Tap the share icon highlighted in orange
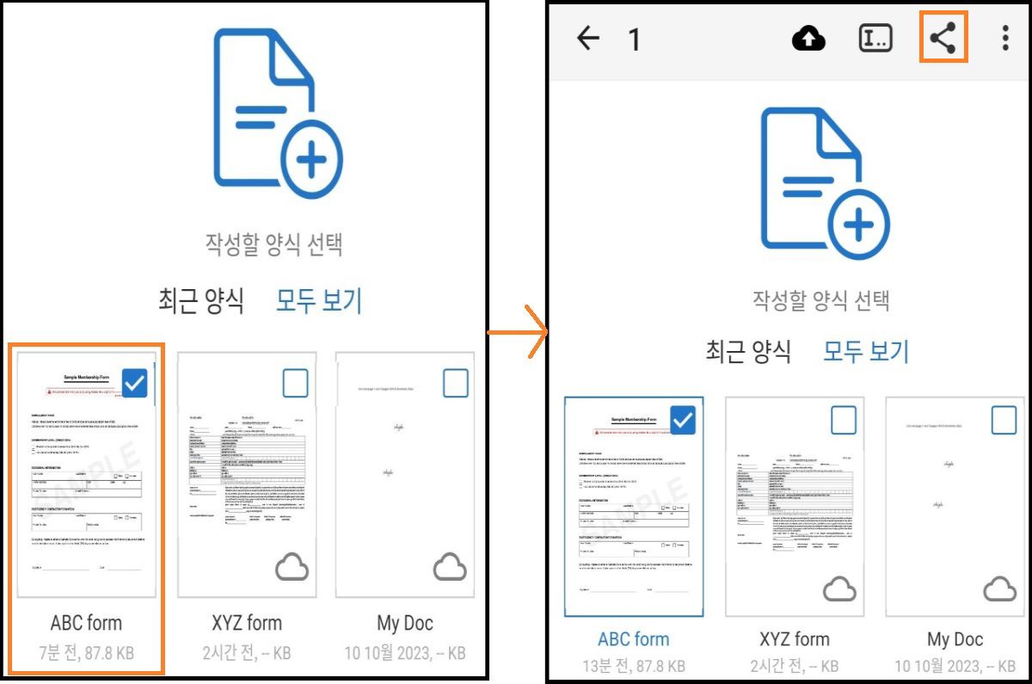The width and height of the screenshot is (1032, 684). [x=943, y=38]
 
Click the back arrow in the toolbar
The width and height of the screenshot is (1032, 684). [x=588, y=38]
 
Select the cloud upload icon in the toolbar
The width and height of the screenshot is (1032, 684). [x=808, y=38]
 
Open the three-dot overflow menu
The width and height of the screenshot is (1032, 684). [x=1004, y=38]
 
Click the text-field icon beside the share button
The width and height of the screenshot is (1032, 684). [x=875, y=38]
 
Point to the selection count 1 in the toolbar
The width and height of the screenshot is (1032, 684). [x=634, y=40]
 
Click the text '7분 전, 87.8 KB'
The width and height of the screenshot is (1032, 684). [x=86, y=653]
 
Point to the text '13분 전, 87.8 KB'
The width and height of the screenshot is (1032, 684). [x=633, y=666]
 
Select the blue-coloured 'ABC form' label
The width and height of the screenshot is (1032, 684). [x=633, y=639]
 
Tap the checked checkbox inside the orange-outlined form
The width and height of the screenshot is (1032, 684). [x=135, y=383]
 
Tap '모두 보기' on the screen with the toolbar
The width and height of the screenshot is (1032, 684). [x=866, y=351]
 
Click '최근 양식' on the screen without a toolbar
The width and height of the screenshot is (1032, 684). [x=201, y=301]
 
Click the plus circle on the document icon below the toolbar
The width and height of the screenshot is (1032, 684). [x=857, y=225]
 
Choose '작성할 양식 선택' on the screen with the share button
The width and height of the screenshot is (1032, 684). [x=820, y=300]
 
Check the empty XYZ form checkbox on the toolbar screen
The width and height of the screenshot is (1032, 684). [x=844, y=420]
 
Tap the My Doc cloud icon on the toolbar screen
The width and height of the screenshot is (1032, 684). [x=999, y=589]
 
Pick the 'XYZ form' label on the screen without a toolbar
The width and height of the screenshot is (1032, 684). [x=247, y=623]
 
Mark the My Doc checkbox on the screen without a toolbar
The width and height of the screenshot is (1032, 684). [x=455, y=384]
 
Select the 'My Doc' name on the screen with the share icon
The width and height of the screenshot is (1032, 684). [x=955, y=639]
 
